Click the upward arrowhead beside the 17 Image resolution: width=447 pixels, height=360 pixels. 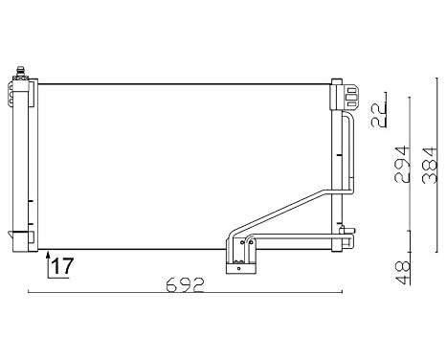pos(48,255)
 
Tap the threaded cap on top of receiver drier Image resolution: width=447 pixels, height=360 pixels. pos(22,72)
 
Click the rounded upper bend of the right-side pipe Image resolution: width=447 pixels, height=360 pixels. pos(349,119)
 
